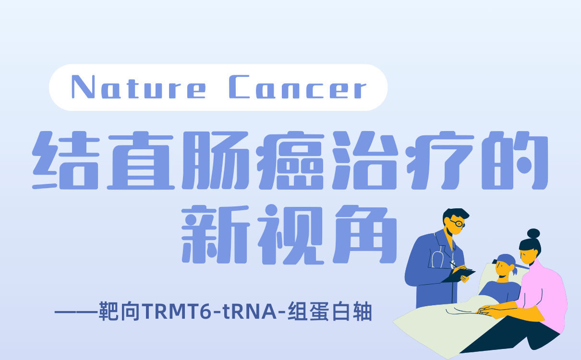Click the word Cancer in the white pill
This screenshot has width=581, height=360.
click(x=298, y=88)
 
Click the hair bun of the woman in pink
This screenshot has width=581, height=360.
click(x=533, y=234)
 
